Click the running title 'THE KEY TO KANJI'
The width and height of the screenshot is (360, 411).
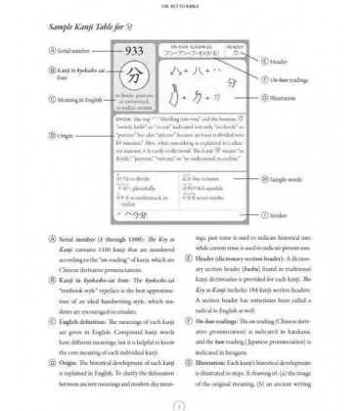point(179,5)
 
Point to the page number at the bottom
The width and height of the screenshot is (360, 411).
point(179,403)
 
